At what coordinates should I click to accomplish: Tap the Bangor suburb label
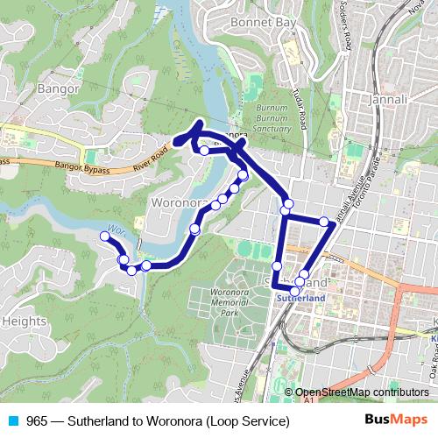[59, 88]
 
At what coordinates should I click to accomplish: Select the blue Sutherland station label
[300, 298]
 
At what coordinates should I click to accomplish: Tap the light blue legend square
[13, 420]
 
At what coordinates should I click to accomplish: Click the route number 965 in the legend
[37, 420]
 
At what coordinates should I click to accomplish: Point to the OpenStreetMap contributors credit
[361, 392]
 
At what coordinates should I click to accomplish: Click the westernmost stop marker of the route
[105, 236]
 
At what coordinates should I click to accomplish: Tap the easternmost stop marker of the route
[324, 222]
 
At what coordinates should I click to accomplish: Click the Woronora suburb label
[180, 203]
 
